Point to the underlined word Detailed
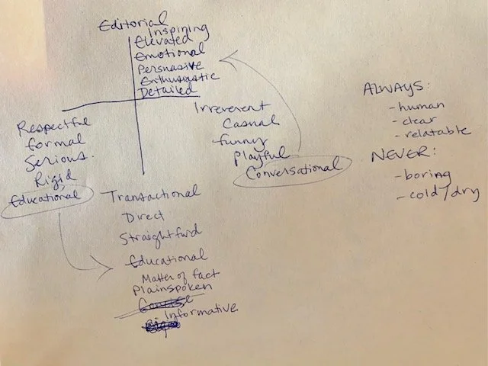167,91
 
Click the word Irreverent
233,108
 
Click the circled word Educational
43,196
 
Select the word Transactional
155,194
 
